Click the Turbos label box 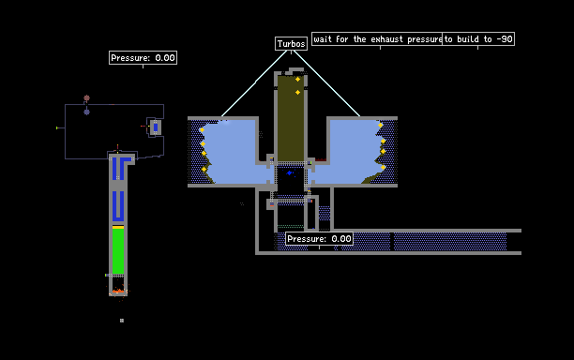tap(291, 43)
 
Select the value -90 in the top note tap(504, 39)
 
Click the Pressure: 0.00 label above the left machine tap(143, 58)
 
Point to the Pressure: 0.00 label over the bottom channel tap(319, 239)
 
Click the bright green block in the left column tap(118, 251)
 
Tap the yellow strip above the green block tap(118, 227)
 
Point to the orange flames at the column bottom tap(118, 291)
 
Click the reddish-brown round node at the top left tap(87, 98)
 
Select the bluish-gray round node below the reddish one tap(87, 112)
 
